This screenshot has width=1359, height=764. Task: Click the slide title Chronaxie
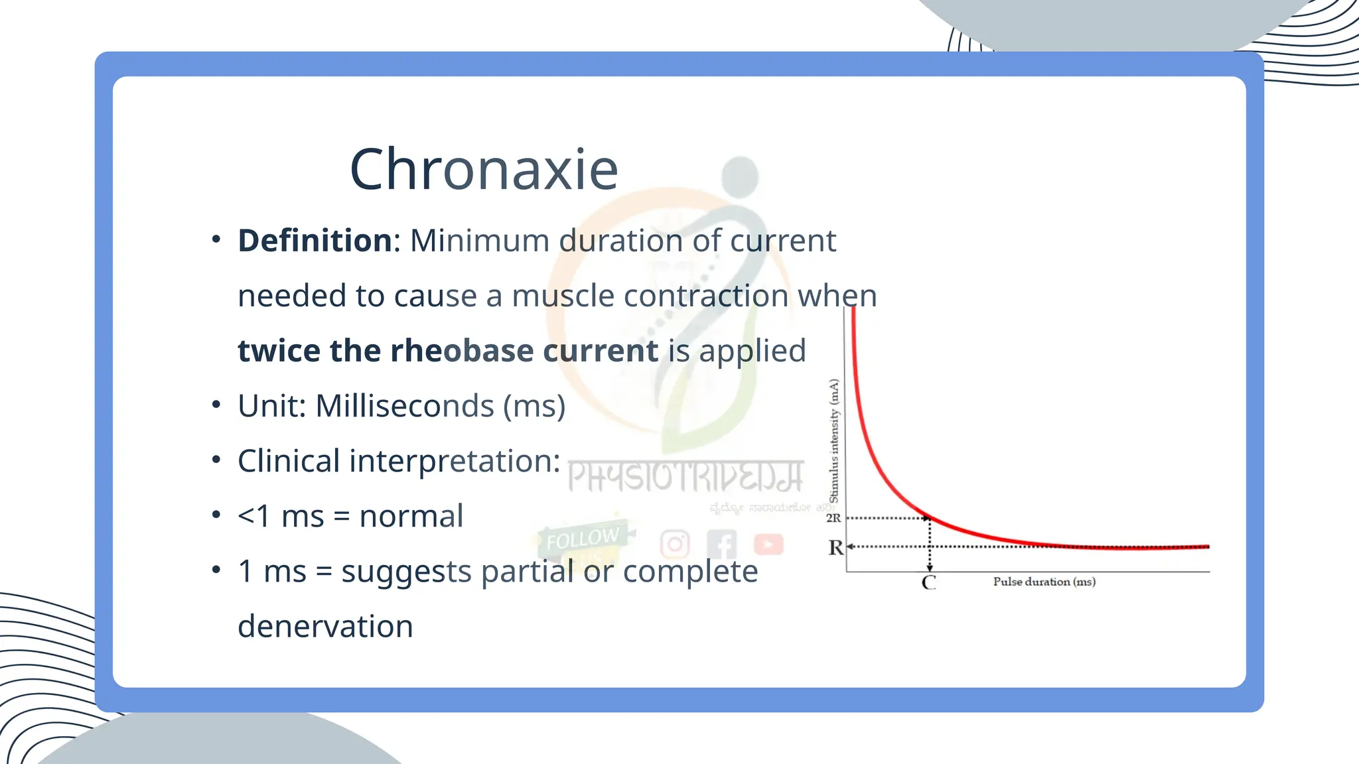(484, 170)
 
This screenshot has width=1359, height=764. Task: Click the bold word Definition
(315, 241)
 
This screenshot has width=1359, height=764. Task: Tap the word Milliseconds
(405, 406)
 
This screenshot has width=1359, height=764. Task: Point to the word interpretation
(454, 461)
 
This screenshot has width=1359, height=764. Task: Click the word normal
(411, 516)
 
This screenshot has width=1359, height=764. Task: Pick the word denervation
(325, 626)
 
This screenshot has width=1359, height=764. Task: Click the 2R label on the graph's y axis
(833, 518)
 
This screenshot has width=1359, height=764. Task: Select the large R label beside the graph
(835, 548)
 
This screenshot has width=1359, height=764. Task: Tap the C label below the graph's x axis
(929, 583)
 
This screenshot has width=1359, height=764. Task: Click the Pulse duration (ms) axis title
(1044, 582)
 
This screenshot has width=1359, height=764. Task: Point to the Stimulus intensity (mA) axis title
(834, 441)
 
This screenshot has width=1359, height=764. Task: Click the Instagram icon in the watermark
(675, 544)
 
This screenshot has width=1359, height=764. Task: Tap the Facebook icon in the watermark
(722, 544)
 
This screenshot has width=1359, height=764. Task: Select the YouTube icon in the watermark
(768, 544)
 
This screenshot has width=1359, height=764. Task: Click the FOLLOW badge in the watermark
(583, 539)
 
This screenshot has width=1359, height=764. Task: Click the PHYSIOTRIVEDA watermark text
(685, 477)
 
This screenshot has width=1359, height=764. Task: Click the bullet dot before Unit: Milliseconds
(216, 405)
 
